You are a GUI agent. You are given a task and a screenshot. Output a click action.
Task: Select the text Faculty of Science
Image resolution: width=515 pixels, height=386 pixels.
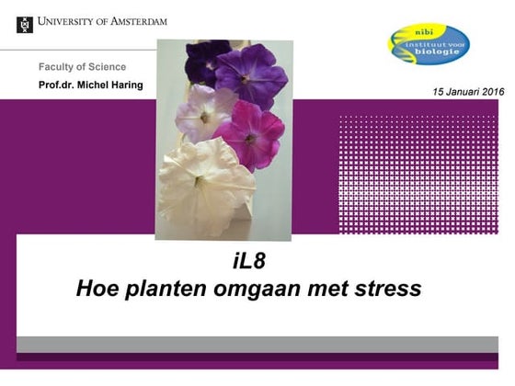pos(82,67)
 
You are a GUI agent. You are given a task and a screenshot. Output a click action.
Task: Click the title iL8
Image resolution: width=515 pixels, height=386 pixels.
pos(248,261)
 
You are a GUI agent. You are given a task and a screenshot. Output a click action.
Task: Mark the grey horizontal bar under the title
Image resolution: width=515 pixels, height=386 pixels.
pos(257,344)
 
